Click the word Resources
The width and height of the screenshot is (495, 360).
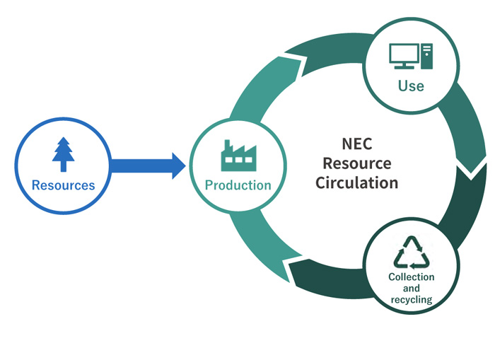click(x=63, y=185)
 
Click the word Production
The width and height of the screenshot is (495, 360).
click(x=238, y=185)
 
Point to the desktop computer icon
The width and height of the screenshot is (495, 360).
click(x=411, y=56)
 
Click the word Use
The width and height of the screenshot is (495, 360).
click(x=411, y=86)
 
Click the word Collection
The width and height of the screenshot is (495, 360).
click(x=412, y=277)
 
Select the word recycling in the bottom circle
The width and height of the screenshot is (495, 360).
click(x=412, y=300)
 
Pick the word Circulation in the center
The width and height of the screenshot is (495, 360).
click(x=356, y=182)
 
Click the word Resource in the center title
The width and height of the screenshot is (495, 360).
click(x=356, y=163)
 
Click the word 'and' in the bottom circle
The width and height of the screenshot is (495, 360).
click(x=412, y=289)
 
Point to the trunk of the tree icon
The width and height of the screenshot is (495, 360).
click(x=63, y=166)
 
